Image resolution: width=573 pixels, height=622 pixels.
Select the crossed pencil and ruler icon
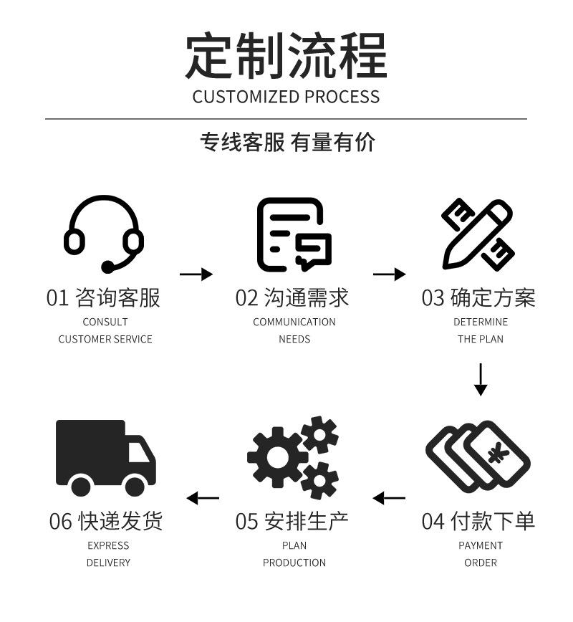click(478, 234)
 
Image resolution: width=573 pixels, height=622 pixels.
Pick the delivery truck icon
click(105, 456)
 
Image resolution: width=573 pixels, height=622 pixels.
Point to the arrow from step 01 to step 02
click(196, 274)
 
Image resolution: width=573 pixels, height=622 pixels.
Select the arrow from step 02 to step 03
click(390, 274)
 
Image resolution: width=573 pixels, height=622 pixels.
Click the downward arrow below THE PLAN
click(481, 379)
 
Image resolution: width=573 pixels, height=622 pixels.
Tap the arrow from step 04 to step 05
click(389, 498)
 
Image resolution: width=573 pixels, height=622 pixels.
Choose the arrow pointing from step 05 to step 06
click(203, 498)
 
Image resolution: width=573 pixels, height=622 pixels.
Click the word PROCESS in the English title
click(342, 97)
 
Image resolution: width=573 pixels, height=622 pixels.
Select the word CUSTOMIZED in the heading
click(246, 97)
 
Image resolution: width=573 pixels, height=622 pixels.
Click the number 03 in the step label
click(433, 298)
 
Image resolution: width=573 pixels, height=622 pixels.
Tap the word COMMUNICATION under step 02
click(294, 322)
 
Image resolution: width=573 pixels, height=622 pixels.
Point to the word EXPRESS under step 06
click(108, 545)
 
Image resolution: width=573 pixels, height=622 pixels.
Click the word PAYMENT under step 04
click(481, 545)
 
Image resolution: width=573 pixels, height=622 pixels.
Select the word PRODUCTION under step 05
click(294, 563)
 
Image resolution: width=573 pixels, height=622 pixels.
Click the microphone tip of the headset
click(107, 267)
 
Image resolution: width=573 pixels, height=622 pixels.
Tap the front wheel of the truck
click(135, 486)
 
